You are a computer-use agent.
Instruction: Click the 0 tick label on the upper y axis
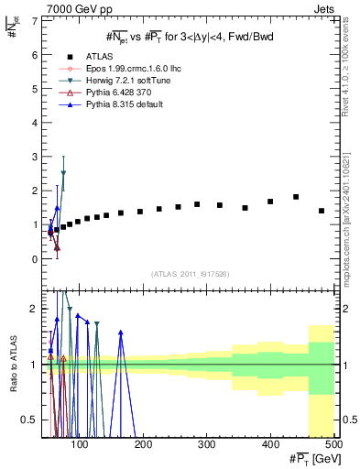pos(35,259)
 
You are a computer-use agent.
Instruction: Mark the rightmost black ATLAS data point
pos(322,211)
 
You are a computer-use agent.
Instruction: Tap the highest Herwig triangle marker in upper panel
pos(63,173)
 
